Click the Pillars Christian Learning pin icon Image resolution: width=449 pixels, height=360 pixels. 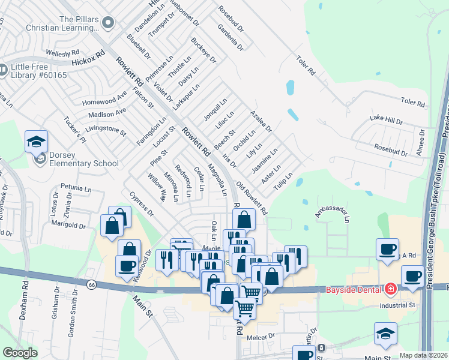(x=108, y=23)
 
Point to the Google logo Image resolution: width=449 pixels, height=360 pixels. (x=19, y=353)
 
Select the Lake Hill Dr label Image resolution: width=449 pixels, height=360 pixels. (x=386, y=121)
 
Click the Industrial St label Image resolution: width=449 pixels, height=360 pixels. (x=397, y=305)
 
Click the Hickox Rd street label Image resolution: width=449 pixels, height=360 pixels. (x=88, y=58)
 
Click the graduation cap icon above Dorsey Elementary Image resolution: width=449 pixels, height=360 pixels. (x=36, y=142)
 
